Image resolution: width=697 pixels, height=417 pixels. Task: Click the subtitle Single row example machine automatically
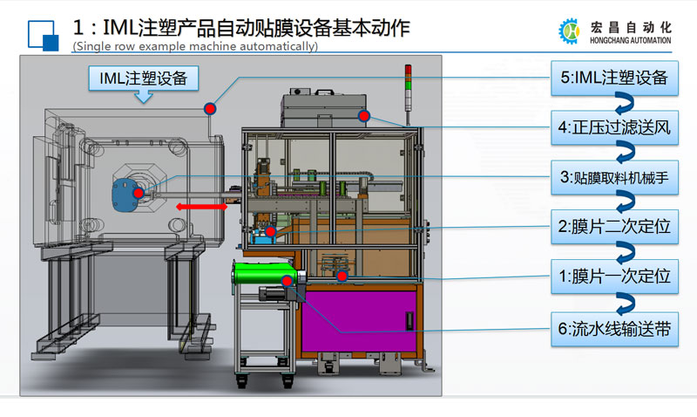pyautogui.click(x=195, y=46)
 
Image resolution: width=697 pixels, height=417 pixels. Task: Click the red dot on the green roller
pyautogui.click(x=288, y=280)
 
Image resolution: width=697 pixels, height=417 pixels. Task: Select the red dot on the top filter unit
pyautogui.click(x=364, y=115)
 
